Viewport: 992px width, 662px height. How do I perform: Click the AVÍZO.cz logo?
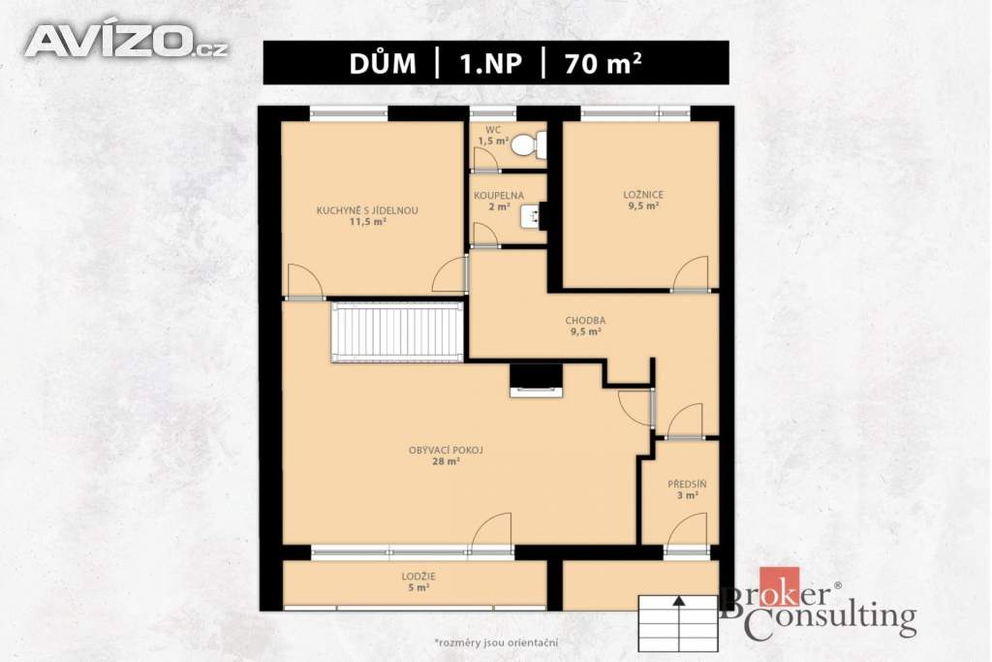[126, 41]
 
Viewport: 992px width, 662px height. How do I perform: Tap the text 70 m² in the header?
[604, 63]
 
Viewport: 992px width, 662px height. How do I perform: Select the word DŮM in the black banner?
[383, 63]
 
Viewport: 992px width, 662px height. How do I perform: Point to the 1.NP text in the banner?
[491, 64]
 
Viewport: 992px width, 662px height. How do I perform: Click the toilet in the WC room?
[528, 145]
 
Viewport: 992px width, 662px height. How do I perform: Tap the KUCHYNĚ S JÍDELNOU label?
[367, 210]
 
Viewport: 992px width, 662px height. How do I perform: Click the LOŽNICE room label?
[643, 195]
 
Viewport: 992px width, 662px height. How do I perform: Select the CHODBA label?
[585, 320]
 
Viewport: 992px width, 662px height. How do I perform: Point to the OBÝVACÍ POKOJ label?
[446, 451]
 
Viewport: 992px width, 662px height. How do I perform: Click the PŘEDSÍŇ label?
[687, 485]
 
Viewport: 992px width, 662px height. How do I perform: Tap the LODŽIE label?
[418, 577]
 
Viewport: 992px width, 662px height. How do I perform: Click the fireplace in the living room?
[536, 380]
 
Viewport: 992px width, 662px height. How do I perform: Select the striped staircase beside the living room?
[397, 331]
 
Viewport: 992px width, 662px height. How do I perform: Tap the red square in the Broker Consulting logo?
[780, 586]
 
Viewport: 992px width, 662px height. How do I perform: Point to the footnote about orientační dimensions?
[496, 643]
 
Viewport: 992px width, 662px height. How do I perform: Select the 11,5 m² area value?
[367, 222]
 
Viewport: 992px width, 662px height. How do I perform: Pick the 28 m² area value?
[446, 462]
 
